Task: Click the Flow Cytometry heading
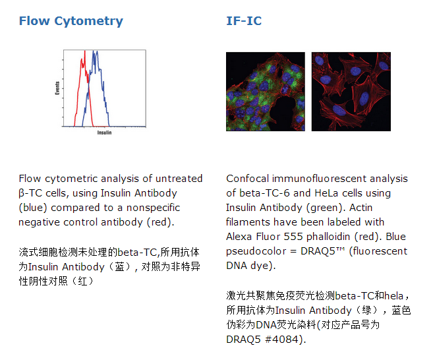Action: click(x=71, y=22)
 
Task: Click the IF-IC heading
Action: click(x=244, y=21)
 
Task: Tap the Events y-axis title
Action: click(x=57, y=88)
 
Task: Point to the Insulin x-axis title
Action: click(x=104, y=133)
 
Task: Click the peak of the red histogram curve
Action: click(x=84, y=51)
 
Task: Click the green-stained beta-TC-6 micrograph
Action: click(x=266, y=92)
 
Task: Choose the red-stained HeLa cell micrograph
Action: click(x=351, y=92)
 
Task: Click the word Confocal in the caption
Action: click(x=247, y=179)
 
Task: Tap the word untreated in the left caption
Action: click(x=179, y=179)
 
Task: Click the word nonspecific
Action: click(x=153, y=208)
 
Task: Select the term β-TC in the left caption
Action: click(x=30, y=193)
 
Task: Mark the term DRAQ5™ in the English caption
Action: click(x=322, y=251)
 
